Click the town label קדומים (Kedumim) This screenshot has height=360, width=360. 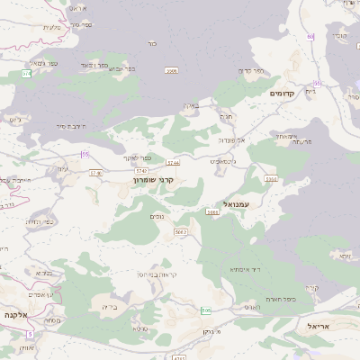[282, 93]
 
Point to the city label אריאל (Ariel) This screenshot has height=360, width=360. [319, 326]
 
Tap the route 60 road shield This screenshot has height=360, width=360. [310, 36]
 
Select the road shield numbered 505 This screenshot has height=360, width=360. [206, 310]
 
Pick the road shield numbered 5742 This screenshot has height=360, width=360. [141, 169]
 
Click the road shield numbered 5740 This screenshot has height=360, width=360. [96, 173]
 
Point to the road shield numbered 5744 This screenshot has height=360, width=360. [173, 162]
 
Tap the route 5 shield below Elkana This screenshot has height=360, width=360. [29, 335]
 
